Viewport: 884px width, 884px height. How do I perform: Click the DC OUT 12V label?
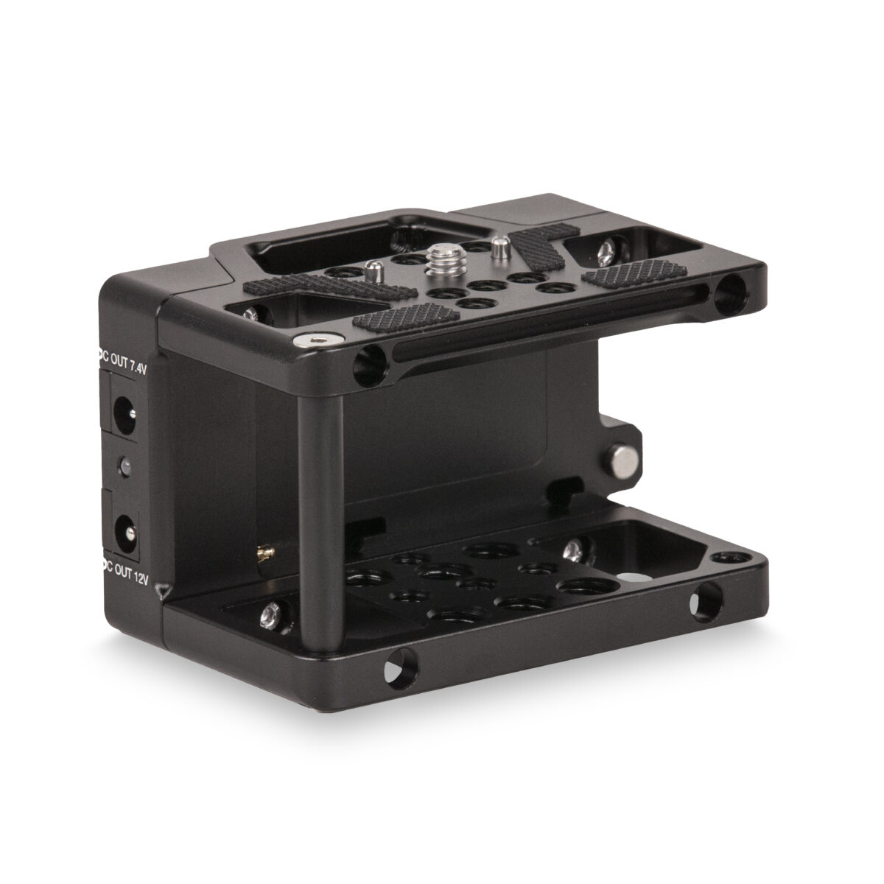tap(124, 579)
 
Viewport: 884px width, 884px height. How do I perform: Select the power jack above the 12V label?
tap(123, 529)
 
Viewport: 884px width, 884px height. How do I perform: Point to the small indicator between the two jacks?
tap(123, 466)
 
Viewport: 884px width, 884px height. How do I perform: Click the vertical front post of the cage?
tap(322, 501)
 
